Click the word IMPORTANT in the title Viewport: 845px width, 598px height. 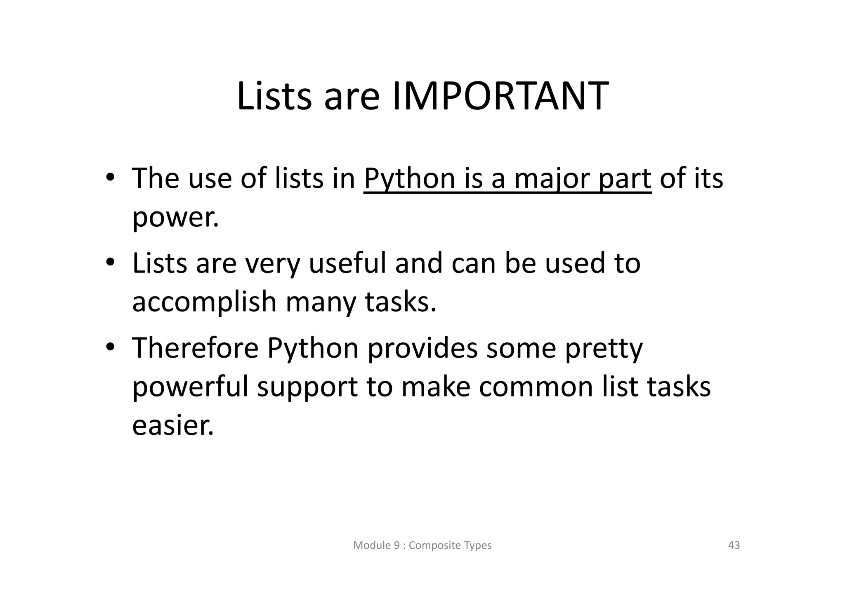[500, 97]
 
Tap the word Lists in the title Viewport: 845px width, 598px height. [274, 97]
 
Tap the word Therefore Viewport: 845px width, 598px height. [195, 348]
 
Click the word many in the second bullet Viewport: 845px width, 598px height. [321, 302]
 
